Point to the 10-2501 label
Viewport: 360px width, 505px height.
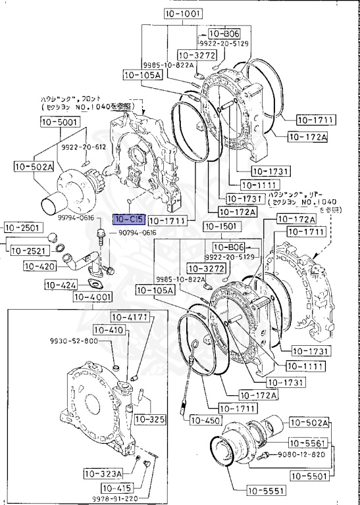(x=23, y=228)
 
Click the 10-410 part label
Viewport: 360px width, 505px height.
(x=108, y=329)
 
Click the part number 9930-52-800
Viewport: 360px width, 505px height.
(x=74, y=341)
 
